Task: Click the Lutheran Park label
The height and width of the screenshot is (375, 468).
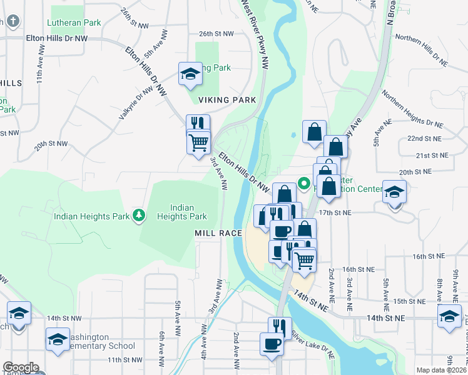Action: point(75,22)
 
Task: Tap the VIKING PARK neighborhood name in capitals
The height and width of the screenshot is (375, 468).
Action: point(227,100)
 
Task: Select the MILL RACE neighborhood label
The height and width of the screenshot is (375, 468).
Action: point(218,233)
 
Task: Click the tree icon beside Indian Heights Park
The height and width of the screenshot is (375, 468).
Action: point(139,216)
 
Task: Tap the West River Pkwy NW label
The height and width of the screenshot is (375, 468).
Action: point(256,34)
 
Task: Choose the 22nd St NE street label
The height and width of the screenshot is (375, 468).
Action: point(424,138)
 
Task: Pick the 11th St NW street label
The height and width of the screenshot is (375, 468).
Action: point(125,360)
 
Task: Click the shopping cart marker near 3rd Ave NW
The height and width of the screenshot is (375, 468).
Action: point(198,142)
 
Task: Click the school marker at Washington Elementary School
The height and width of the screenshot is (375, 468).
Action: point(58,340)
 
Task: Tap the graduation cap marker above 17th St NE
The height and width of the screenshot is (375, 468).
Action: point(394,191)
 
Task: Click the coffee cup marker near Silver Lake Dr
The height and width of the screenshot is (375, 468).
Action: point(272,343)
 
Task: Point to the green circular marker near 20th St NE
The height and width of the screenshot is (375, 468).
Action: point(305,184)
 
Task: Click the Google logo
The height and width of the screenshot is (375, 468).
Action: point(21,367)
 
